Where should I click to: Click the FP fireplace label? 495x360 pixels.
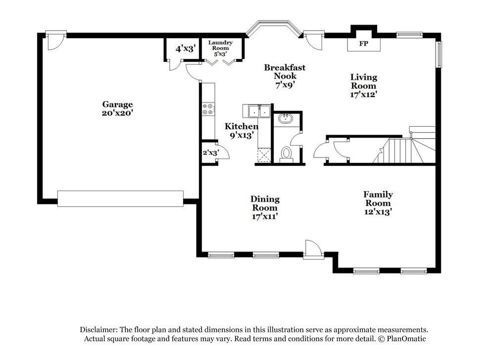pyautogui.click(x=363, y=44)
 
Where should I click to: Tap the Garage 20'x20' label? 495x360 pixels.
pyautogui.click(x=117, y=108)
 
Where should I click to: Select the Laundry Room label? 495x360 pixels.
pyautogui.click(x=220, y=48)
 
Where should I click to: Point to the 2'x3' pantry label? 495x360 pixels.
pyautogui.click(x=210, y=153)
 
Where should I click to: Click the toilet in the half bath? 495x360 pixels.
pyautogui.click(x=286, y=154)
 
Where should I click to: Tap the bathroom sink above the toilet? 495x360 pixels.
pyautogui.click(x=285, y=119)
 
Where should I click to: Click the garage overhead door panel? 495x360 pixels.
pyautogui.click(x=120, y=199)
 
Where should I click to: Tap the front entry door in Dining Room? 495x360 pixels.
pyautogui.click(x=313, y=249)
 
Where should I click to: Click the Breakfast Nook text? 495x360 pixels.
pyautogui.click(x=285, y=72)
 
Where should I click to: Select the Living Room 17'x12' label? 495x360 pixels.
pyautogui.click(x=364, y=85)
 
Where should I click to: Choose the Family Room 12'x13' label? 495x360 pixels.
pyautogui.click(x=378, y=203)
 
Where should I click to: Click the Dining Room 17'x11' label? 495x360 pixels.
pyautogui.click(x=265, y=207)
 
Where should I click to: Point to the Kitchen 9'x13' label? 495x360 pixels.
pyautogui.click(x=241, y=130)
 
